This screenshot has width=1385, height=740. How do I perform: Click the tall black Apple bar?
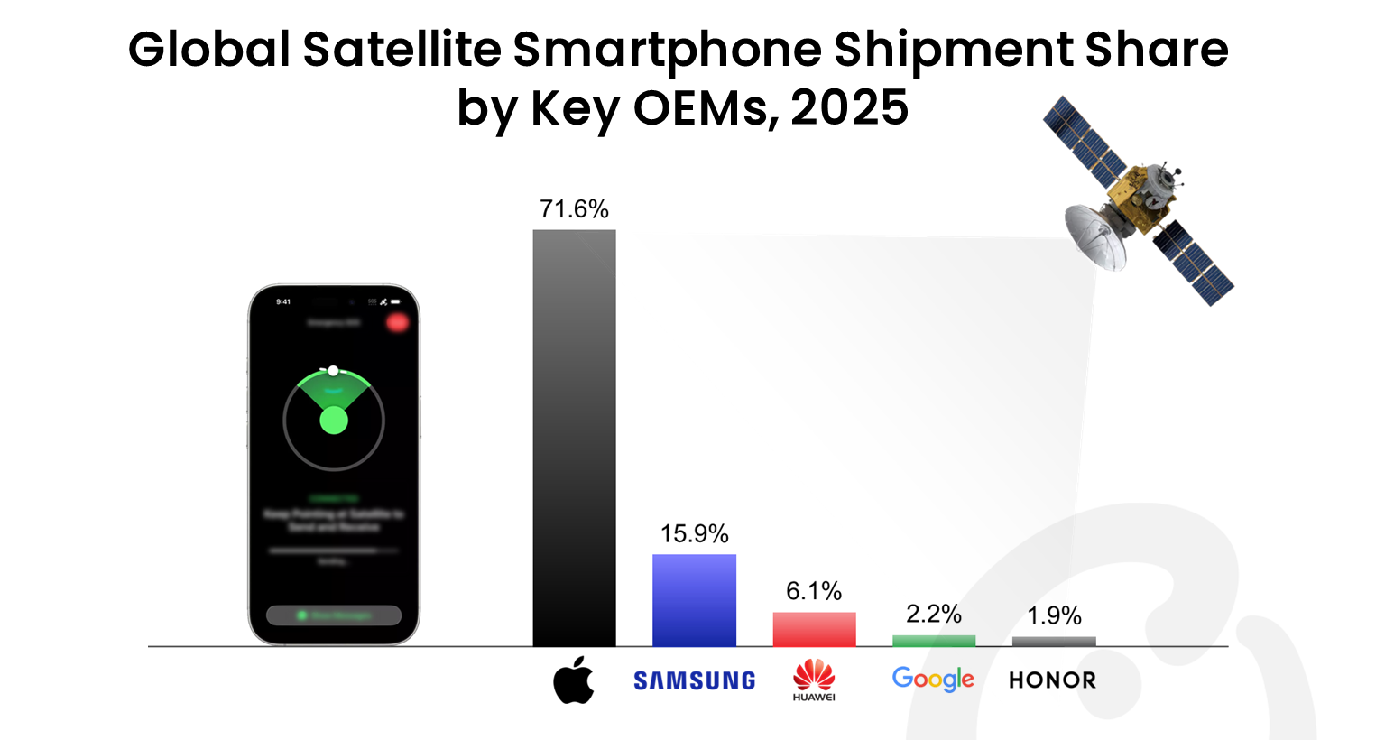tap(574, 438)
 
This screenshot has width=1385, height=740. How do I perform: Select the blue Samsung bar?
tap(694, 600)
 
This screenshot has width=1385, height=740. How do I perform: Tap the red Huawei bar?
tap(814, 629)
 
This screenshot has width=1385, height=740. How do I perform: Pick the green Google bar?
tap(934, 641)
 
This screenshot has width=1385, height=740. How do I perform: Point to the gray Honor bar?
tap(1054, 642)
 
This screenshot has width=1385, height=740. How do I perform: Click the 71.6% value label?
tap(574, 209)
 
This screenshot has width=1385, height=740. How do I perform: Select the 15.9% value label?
tap(694, 533)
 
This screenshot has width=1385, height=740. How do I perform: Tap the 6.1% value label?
tap(814, 591)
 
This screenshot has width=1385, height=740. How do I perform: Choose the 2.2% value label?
tap(934, 615)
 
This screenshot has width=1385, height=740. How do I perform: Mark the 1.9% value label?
tap(1054, 615)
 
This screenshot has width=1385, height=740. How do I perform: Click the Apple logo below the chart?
tap(574, 680)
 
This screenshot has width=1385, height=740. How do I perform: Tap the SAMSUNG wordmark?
tap(694, 680)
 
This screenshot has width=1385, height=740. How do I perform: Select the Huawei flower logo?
tap(814, 675)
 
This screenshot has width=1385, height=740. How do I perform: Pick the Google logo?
tap(933, 679)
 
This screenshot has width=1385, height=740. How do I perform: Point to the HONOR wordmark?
tap(1052, 680)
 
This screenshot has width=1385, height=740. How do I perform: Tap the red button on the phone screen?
tap(397, 322)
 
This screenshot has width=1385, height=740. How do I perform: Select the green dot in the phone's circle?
tap(334, 421)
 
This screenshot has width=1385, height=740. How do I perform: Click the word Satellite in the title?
tap(402, 50)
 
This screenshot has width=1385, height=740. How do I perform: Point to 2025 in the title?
tap(849, 108)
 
